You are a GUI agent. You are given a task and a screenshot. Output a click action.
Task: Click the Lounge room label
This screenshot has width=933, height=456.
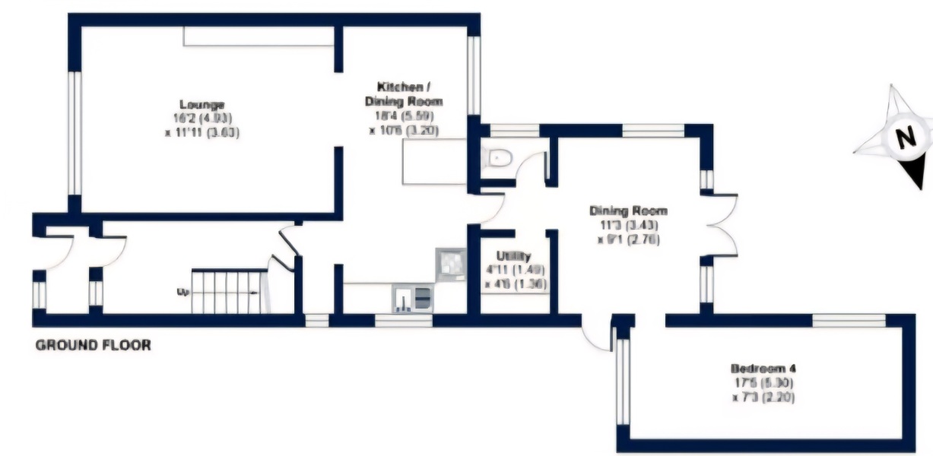click(202, 105)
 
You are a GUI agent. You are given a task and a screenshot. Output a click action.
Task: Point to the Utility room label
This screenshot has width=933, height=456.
click(514, 256)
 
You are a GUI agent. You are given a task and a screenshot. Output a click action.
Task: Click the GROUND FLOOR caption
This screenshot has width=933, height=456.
click(94, 345)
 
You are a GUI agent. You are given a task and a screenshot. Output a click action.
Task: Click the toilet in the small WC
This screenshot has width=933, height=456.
click(497, 157)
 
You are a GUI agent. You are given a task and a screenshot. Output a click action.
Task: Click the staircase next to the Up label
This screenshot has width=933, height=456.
click(229, 292)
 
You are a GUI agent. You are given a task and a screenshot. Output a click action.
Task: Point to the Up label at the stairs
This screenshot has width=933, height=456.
click(182, 291)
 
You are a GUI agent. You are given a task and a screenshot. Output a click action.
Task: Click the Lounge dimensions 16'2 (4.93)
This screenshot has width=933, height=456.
click(202, 118)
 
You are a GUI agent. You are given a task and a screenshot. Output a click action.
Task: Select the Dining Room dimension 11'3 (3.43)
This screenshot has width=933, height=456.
click(628, 225)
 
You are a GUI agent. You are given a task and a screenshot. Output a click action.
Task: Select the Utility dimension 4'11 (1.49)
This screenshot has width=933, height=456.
click(515, 270)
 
